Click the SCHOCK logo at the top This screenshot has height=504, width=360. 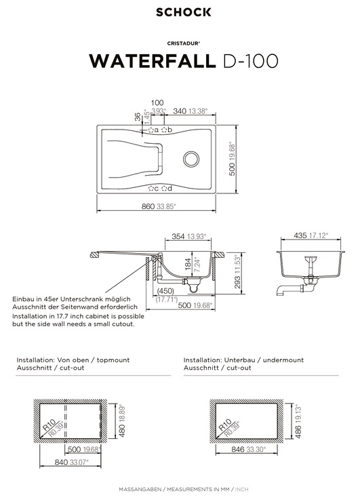coord(183,12)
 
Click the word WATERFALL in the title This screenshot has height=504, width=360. coord(153,61)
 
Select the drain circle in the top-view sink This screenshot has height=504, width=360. coord(191,159)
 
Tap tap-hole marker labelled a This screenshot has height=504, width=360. coord(151,130)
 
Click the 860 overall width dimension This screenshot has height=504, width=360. coord(148,206)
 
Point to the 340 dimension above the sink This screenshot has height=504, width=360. coord(180,111)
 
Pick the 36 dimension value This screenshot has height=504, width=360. coord(138,117)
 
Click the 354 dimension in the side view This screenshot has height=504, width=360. coord(178,237)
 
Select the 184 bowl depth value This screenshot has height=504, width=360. coord(188,264)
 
